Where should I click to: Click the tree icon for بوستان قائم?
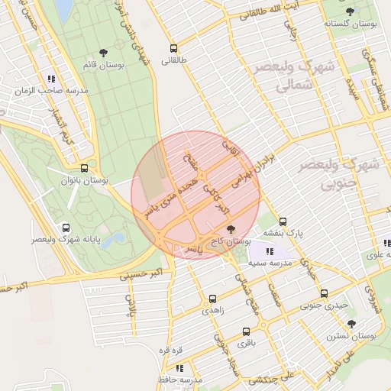(x=102, y=53)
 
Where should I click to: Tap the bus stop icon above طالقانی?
(x=173, y=47)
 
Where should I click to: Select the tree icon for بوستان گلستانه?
(x=350, y=11)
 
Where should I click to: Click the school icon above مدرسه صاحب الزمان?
(x=51, y=78)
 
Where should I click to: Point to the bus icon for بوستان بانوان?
(x=84, y=168)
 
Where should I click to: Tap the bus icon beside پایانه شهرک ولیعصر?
(x=66, y=228)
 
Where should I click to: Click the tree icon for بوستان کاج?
(x=231, y=229)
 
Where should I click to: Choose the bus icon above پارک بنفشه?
(x=283, y=221)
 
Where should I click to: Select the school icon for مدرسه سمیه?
(x=270, y=250)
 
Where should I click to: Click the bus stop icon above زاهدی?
(x=212, y=299)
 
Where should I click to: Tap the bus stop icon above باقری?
(x=246, y=331)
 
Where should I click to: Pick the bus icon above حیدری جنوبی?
(x=324, y=293)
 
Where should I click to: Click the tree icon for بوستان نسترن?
(x=351, y=324)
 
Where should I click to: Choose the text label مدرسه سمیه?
(x=267, y=263)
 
